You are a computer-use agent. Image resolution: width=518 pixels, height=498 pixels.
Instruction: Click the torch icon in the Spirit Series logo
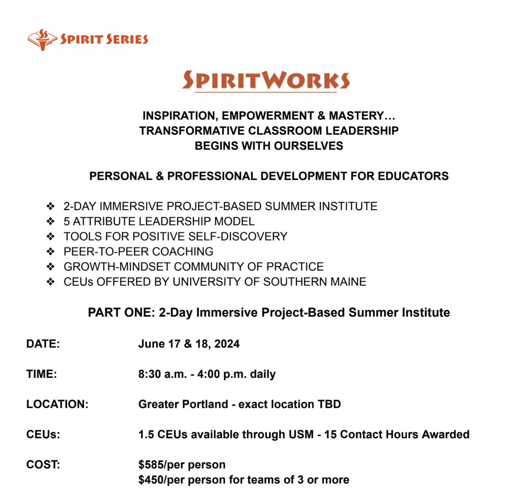tap(42, 40)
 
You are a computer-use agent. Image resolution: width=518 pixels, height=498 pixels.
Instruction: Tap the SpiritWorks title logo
tap(266, 80)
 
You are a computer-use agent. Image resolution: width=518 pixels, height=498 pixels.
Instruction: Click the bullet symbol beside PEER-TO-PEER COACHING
tap(51, 252)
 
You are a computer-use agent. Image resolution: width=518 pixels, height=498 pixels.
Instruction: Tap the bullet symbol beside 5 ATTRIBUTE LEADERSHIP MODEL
tap(51, 221)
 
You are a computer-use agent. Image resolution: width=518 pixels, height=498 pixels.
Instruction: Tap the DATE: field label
tap(43, 344)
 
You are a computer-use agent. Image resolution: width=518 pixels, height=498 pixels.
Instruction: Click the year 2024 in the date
tap(227, 344)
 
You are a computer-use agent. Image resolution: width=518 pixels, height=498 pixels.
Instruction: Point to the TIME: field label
tap(41, 374)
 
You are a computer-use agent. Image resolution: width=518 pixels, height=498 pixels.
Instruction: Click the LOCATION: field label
tap(57, 404)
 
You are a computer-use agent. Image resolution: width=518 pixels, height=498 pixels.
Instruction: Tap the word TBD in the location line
tap(329, 404)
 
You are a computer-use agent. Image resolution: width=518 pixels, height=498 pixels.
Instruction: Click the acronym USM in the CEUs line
tap(301, 434)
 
